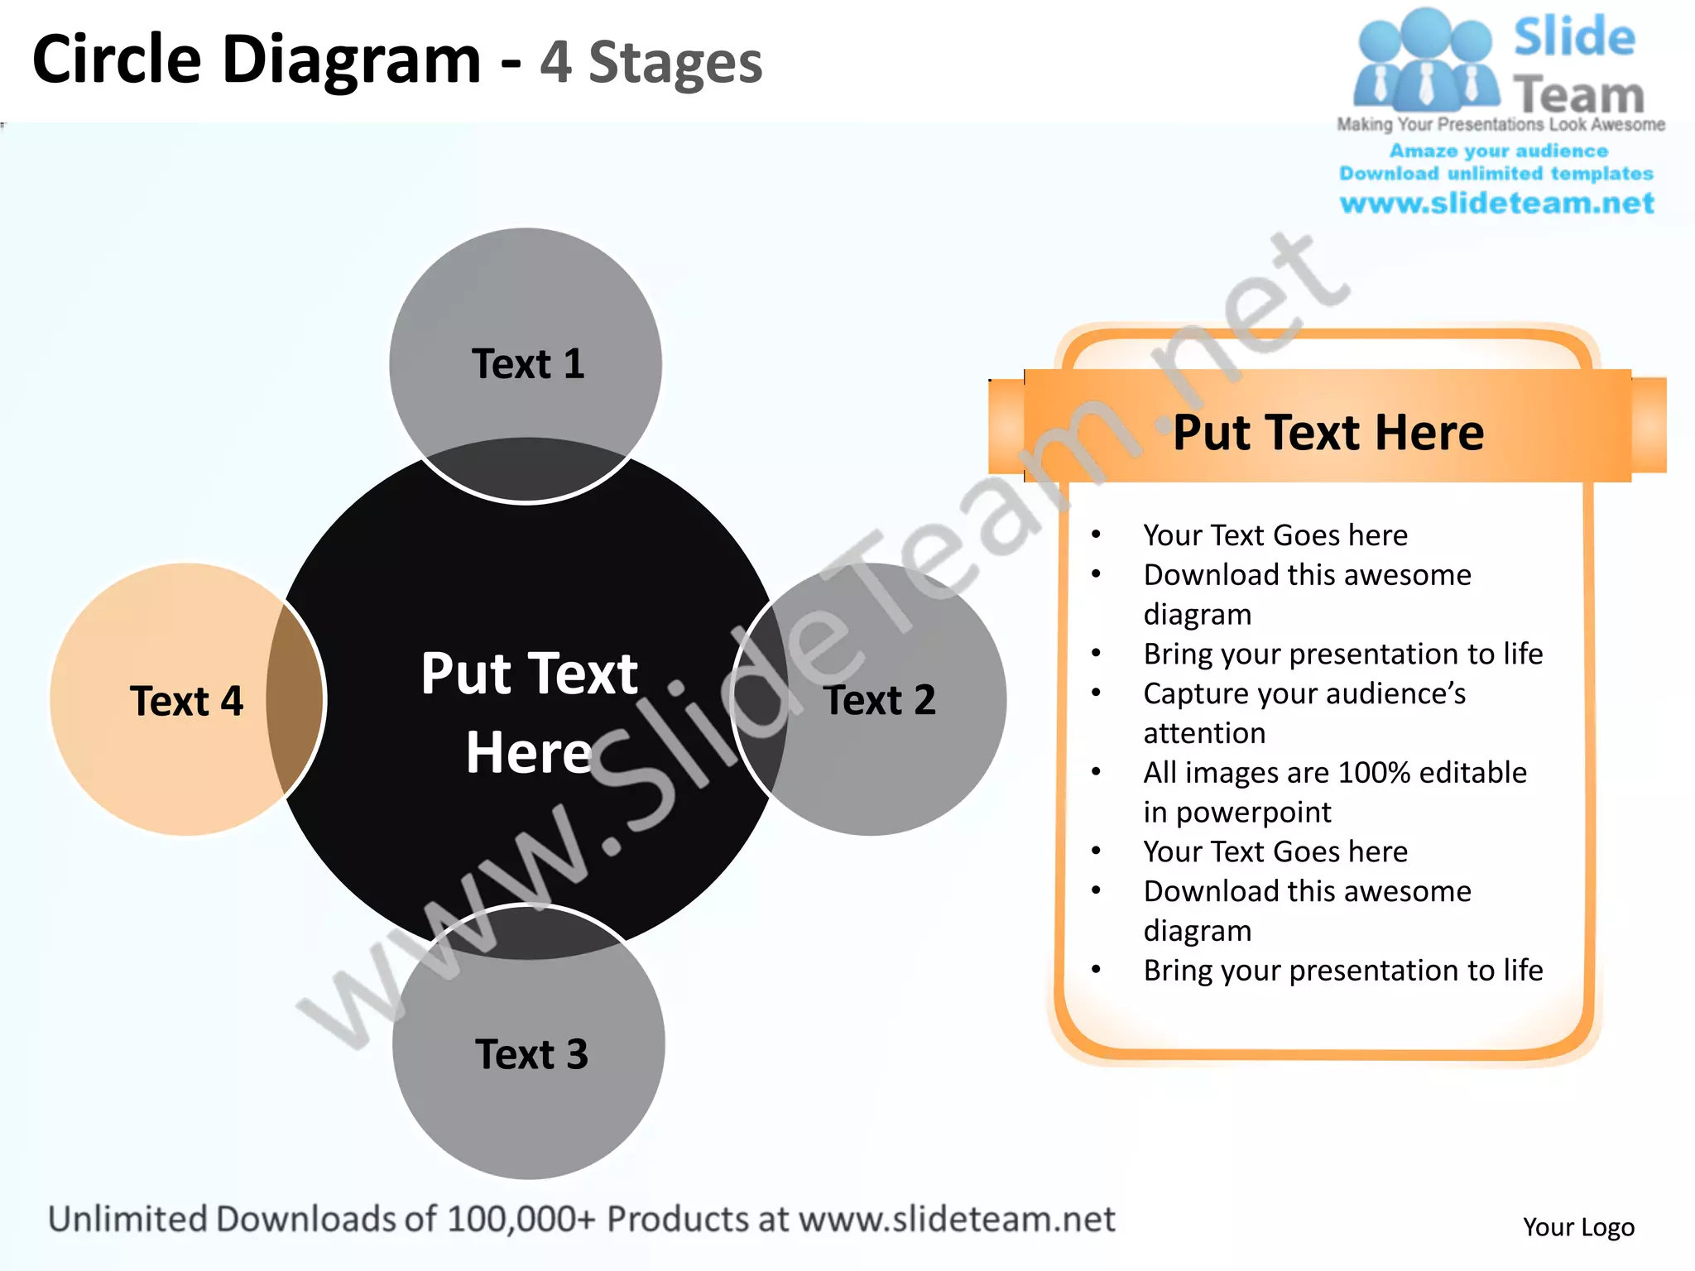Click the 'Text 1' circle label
click(528, 364)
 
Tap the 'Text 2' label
click(880, 700)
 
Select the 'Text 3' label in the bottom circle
click(531, 1054)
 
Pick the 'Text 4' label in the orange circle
click(186, 701)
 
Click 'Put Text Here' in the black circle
click(529, 712)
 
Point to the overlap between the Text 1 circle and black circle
click(526, 468)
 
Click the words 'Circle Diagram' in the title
click(257, 60)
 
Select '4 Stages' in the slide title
click(651, 63)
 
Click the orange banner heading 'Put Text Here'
click(1328, 432)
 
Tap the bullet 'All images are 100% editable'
click(1334, 773)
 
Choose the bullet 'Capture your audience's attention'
click(1304, 694)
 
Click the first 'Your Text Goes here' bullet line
click(1275, 535)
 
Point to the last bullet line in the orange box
click(1342, 970)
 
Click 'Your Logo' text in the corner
click(1578, 1226)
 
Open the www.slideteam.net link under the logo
click(1496, 203)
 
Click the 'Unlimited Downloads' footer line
click(581, 1219)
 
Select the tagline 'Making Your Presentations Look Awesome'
click(1501, 124)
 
